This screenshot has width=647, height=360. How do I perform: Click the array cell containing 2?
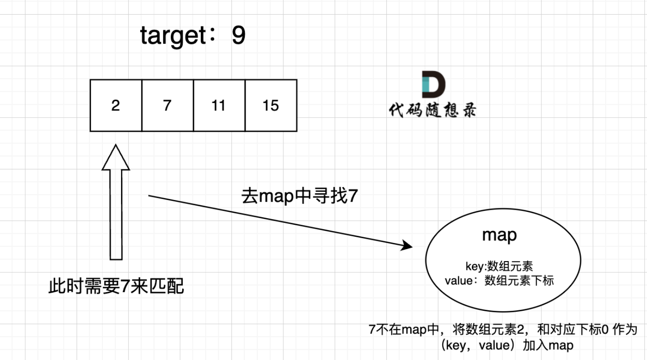(x=116, y=106)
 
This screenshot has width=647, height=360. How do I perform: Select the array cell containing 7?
(x=167, y=106)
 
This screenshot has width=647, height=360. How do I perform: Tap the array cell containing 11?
(x=219, y=106)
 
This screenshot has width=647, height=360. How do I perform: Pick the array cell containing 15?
(x=271, y=106)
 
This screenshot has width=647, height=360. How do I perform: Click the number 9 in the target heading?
(x=238, y=35)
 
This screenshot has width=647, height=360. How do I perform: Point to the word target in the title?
(x=169, y=36)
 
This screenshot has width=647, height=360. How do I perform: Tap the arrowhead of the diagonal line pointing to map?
(x=408, y=246)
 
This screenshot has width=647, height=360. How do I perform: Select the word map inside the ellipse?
(x=499, y=235)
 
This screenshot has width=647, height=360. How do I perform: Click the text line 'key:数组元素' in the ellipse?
(x=499, y=266)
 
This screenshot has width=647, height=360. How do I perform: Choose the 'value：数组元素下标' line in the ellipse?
(x=499, y=280)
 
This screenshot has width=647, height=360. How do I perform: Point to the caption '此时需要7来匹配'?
(x=116, y=287)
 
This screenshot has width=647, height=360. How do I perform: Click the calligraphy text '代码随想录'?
(x=432, y=110)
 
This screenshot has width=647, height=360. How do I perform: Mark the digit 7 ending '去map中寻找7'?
(x=353, y=196)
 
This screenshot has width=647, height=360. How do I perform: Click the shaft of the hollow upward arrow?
(x=116, y=213)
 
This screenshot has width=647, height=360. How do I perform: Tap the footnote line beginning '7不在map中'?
(x=502, y=330)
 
